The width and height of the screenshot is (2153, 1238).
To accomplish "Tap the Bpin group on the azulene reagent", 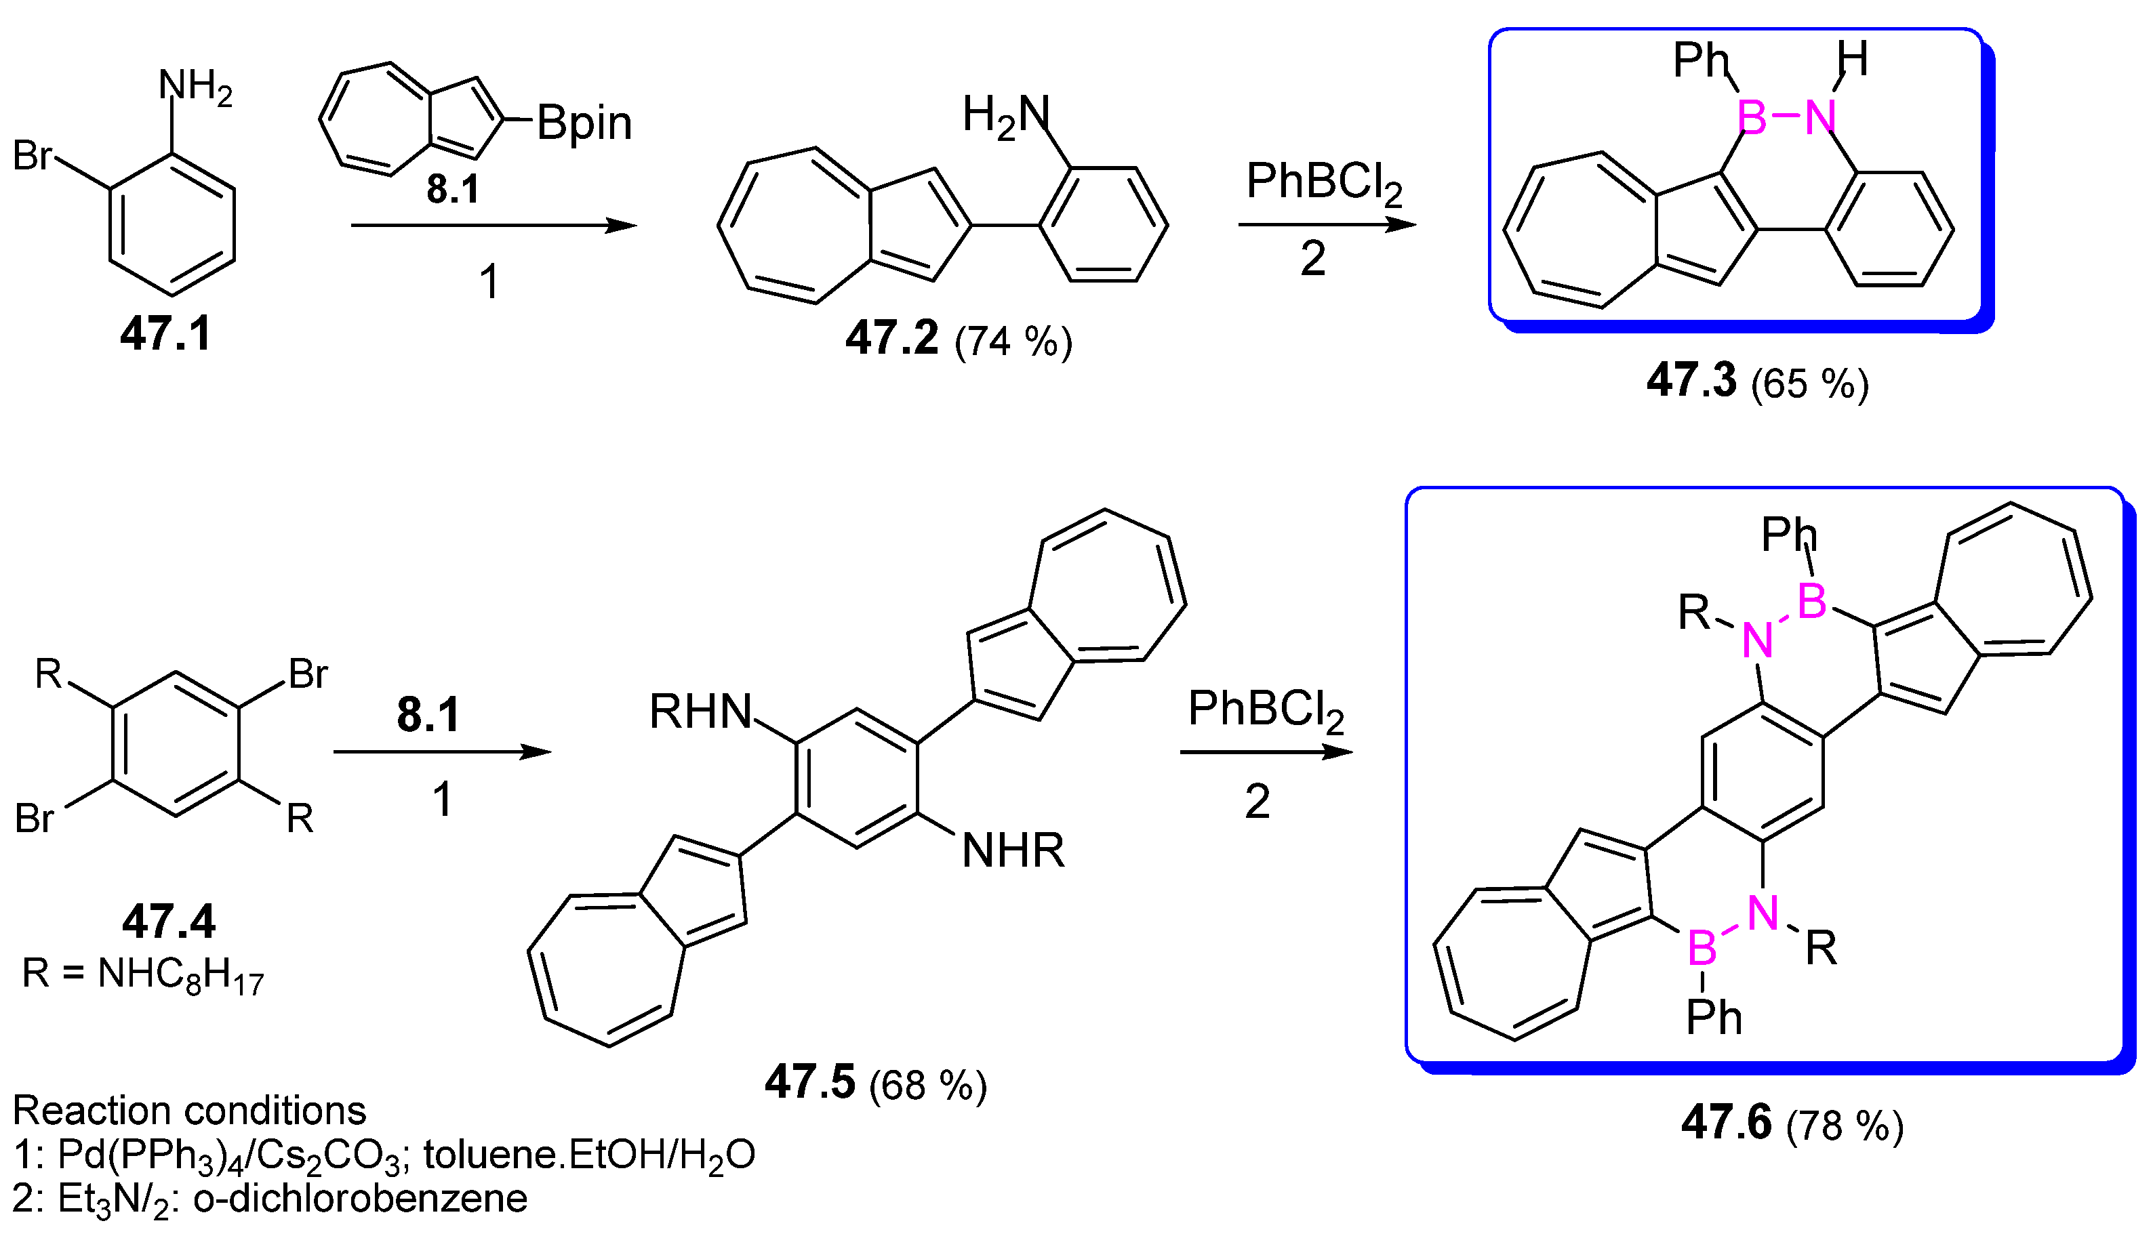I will click(584, 123).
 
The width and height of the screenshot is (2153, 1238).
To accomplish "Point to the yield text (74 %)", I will click(1013, 342).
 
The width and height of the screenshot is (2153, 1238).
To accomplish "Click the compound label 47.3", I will click(1691, 380).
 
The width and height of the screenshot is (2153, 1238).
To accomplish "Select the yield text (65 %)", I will click(1810, 384).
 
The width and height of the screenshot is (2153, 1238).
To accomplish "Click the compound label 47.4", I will click(168, 922).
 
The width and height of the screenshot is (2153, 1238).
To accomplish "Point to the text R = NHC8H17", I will click(143, 974).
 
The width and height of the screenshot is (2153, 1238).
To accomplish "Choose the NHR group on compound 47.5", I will click(1012, 850).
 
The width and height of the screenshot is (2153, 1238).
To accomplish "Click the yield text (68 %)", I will click(928, 1086).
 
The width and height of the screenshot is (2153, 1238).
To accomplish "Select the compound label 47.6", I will click(1727, 1121).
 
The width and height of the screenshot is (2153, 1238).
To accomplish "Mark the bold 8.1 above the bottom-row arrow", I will click(428, 715).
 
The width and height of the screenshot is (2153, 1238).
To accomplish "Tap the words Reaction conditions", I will click(189, 1111).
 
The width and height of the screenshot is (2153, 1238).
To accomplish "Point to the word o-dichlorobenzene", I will click(360, 1199).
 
